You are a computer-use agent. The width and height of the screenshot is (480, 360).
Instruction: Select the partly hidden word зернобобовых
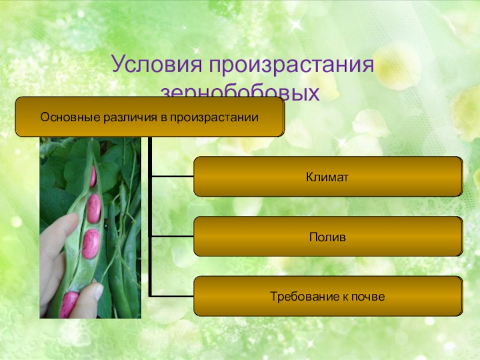click(x=240, y=94)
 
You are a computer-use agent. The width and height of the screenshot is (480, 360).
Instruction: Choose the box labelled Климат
click(x=328, y=177)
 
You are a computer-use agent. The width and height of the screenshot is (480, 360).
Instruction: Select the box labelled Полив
click(x=328, y=237)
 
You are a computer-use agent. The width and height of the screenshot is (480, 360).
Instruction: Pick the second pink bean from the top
click(x=94, y=208)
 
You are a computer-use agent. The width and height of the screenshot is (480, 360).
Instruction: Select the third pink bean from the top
click(x=91, y=244)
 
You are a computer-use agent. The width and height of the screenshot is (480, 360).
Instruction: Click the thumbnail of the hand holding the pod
click(x=90, y=228)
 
